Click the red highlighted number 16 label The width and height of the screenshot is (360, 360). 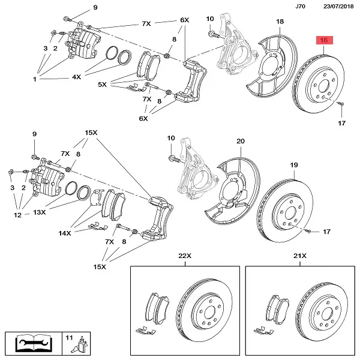tap(324, 40)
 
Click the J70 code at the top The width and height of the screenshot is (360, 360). tap(301, 7)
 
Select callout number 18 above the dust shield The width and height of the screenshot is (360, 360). tap(280, 22)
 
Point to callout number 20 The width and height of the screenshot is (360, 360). tap(240, 142)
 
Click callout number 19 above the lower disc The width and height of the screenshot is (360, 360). tap(294, 165)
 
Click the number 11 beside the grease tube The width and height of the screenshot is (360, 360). tap(69, 339)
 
